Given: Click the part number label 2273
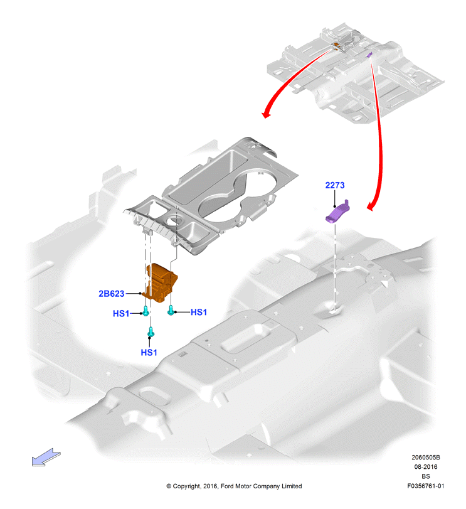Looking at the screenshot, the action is (335, 185).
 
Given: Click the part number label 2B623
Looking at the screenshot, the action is (111, 294).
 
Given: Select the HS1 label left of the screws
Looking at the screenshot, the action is (120, 314).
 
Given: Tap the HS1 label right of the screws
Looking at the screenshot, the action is (198, 313).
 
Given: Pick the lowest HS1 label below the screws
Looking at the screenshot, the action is (149, 352).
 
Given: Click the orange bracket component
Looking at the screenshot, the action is (161, 282).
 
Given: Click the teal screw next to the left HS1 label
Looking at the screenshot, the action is (146, 311).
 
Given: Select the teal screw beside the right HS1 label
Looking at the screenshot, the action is (171, 310).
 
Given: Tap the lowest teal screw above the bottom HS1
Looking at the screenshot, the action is (151, 332).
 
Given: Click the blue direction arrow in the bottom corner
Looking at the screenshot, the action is (46, 458).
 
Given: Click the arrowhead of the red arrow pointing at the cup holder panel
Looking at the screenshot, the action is (267, 114).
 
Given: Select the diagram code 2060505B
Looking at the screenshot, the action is (426, 458).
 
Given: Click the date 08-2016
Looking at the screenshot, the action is (425, 467).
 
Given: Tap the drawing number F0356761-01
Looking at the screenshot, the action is (426, 486).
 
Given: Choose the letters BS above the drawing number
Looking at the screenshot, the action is (426, 476).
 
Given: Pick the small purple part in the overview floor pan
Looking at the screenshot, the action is (369, 55).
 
